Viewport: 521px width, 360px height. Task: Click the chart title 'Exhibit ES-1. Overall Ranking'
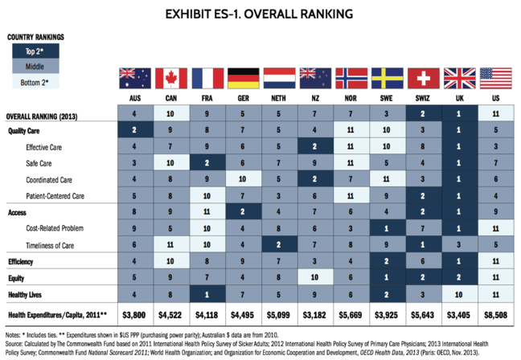260,14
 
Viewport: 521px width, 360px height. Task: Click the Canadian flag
171,78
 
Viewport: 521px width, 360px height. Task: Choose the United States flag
496,78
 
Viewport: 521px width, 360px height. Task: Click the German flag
244,78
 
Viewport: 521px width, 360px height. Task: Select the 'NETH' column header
279,98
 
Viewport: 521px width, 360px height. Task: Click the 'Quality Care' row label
25,130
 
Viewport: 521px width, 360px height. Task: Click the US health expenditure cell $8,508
496,313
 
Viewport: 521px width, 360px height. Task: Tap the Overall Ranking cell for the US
496,115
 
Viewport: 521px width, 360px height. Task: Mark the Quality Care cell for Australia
135,130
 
